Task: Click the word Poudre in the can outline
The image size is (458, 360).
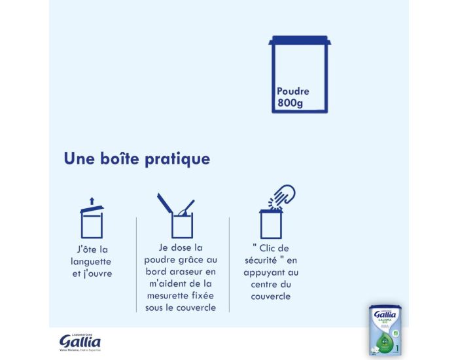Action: click(x=292, y=92)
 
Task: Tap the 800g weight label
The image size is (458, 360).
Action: click(x=289, y=103)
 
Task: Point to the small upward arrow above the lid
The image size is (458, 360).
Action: click(x=92, y=200)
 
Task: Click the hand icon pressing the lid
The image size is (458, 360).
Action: click(x=282, y=196)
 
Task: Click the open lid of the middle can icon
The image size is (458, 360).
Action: click(x=164, y=203)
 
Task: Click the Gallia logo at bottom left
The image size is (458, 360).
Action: click(x=80, y=342)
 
